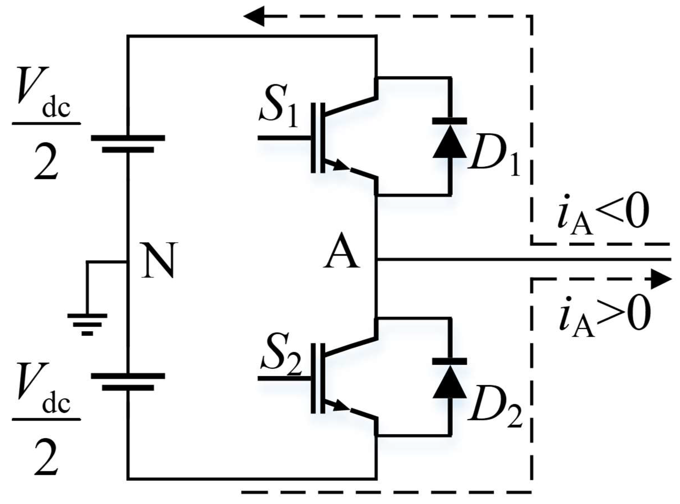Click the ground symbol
(x=87, y=324)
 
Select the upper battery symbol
(x=128, y=143)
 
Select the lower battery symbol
(x=128, y=381)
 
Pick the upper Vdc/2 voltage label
(x=46, y=124)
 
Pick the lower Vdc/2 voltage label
(x=46, y=420)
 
